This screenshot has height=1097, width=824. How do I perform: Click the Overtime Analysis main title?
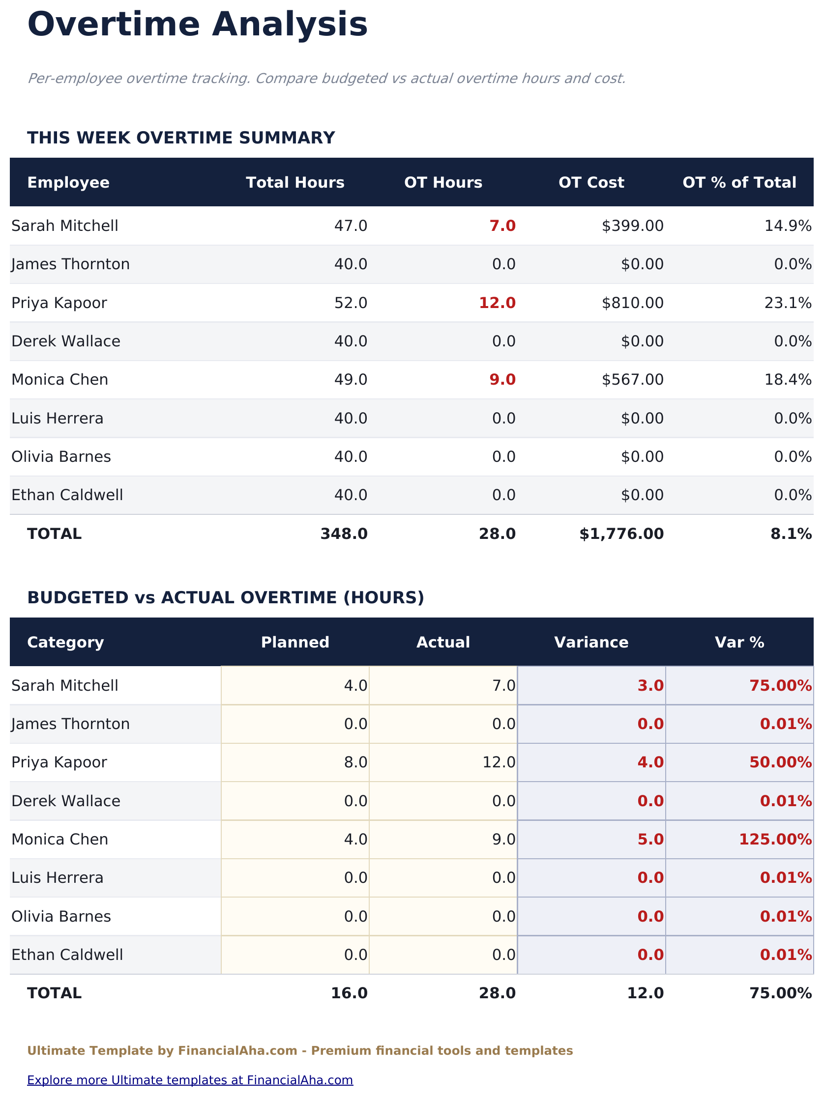197,25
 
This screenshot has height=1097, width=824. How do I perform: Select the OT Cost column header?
590,182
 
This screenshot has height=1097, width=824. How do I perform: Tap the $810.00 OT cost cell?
632,303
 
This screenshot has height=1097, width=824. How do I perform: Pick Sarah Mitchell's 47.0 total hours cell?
351,226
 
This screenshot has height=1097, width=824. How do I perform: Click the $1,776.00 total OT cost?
621,534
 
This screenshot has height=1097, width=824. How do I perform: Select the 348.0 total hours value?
344,534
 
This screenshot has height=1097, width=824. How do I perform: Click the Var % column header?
739,642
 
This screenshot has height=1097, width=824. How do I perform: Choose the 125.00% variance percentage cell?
775,840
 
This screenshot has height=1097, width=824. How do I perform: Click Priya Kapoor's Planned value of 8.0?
355,762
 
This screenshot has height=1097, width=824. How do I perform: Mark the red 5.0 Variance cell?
650,840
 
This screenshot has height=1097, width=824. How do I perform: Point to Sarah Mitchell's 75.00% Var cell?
780,686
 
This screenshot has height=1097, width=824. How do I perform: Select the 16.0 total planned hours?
349,993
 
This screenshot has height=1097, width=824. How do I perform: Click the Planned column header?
295,642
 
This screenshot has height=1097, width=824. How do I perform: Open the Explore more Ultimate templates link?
190,1080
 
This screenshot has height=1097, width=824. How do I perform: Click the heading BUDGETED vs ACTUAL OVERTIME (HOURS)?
225,597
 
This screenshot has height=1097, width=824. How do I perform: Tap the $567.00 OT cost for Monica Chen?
632,380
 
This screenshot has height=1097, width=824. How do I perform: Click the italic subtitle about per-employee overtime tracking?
326,79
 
